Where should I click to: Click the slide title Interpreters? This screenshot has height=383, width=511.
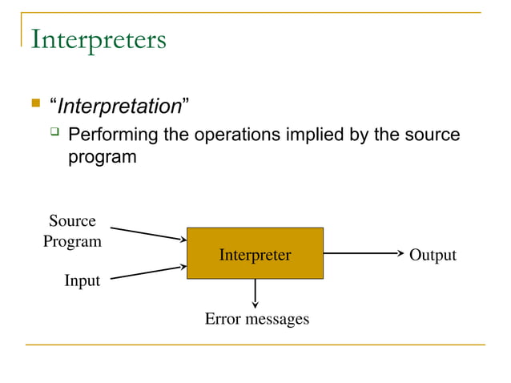click(x=98, y=39)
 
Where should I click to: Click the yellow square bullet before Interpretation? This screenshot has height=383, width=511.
click(x=35, y=103)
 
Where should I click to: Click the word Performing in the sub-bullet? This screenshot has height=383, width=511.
click(x=113, y=134)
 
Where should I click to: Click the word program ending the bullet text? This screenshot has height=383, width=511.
click(x=102, y=156)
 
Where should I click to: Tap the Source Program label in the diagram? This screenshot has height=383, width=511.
click(x=72, y=231)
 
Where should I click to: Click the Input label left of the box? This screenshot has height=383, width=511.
click(x=82, y=280)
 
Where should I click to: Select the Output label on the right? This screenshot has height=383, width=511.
click(x=433, y=255)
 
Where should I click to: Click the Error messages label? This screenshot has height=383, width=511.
click(x=256, y=319)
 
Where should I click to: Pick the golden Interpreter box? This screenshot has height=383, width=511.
click(x=255, y=253)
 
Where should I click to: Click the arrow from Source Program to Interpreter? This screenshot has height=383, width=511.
click(x=147, y=233)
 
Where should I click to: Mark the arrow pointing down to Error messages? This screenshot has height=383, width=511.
click(x=255, y=293)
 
